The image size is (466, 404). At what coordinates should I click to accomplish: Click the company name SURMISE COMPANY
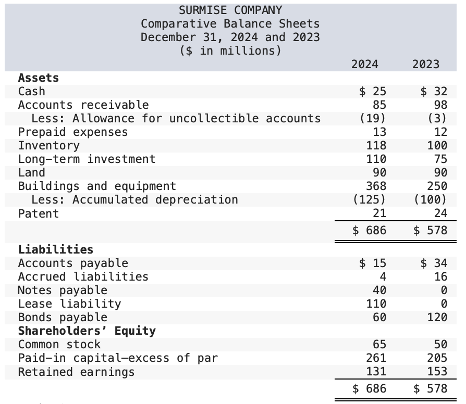(x=230, y=10)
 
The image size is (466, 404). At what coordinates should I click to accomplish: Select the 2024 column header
(x=364, y=65)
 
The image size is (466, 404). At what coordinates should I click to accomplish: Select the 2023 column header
(x=425, y=65)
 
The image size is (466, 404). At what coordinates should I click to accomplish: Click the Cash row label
(x=31, y=92)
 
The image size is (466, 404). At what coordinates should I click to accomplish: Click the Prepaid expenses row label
(x=72, y=132)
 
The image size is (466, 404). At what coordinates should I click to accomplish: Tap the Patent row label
(x=38, y=213)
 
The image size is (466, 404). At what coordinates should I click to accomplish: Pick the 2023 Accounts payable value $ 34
(x=434, y=263)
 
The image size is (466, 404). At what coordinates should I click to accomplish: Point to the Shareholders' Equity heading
(x=87, y=331)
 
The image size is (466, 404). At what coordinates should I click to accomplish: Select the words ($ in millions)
(x=230, y=51)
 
